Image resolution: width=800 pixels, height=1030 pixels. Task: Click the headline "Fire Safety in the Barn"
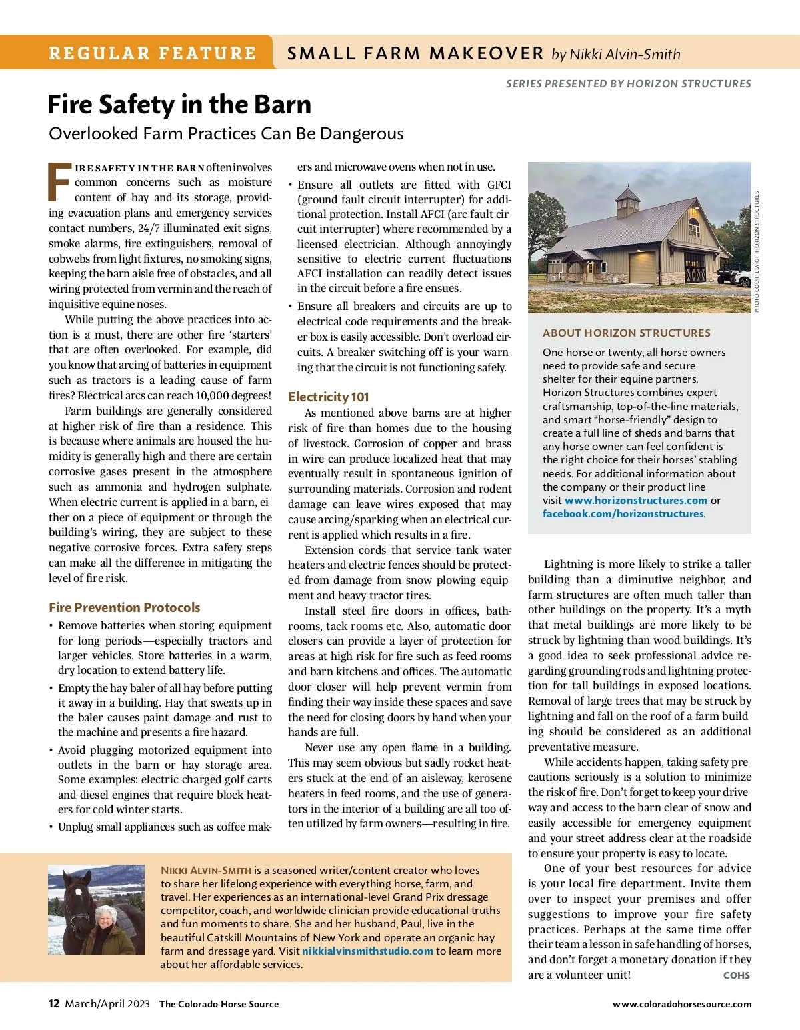click(179, 105)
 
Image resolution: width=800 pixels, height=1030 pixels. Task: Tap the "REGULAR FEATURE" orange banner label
click(153, 53)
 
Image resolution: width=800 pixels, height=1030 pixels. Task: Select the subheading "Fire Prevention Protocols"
click(124, 607)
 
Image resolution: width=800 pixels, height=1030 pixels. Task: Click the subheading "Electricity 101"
click(328, 397)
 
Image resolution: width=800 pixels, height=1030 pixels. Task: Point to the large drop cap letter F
click(59, 181)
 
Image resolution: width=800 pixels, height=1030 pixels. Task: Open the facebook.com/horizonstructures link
click(623, 514)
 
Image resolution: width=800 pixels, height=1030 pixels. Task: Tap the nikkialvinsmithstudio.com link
click(367, 951)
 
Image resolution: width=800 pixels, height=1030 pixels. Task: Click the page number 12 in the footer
click(54, 1003)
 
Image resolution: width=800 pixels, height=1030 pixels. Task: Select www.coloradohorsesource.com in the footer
click(682, 1004)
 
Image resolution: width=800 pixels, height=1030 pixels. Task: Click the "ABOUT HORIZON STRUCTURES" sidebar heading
click(626, 333)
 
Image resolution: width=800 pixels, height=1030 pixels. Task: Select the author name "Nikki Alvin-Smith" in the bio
click(206, 870)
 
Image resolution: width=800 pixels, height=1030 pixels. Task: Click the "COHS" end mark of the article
click(736, 975)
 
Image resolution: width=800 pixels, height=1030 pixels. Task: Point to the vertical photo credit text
click(757, 252)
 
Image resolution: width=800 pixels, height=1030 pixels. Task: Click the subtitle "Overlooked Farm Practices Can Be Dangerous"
click(226, 133)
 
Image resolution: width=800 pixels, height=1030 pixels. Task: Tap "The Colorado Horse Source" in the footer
click(219, 1004)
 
